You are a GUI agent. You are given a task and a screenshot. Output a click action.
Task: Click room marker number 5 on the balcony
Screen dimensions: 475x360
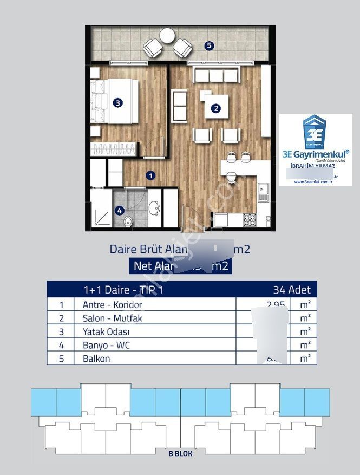point(210,46)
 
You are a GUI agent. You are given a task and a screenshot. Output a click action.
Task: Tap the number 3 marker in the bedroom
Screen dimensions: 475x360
point(117,102)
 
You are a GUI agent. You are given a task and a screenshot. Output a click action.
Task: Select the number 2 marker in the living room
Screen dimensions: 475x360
point(216,108)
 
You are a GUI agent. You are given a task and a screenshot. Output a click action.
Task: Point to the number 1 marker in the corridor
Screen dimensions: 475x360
point(151,175)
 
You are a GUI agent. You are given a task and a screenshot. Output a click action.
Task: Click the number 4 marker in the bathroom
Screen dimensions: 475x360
point(120,211)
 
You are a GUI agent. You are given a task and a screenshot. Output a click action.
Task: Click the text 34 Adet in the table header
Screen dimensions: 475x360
point(292,290)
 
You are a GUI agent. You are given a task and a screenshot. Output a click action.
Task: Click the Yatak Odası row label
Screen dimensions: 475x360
point(106,331)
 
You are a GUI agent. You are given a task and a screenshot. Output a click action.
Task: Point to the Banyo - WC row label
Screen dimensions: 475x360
point(106,344)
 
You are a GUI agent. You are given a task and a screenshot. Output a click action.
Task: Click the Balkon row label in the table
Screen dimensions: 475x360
point(96,358)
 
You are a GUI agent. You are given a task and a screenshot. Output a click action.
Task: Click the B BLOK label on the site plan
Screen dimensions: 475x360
point(180,454)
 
